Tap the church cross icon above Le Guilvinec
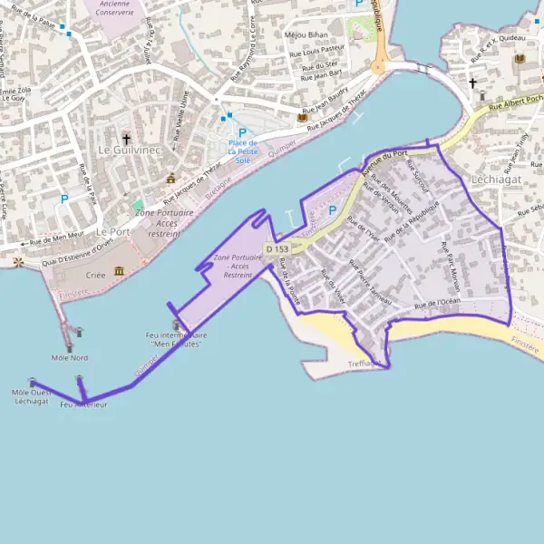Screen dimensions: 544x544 126,139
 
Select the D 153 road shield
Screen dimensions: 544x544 277,248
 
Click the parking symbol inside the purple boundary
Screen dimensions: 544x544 332,211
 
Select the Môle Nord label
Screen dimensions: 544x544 70,357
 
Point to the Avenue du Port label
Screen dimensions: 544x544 383,160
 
